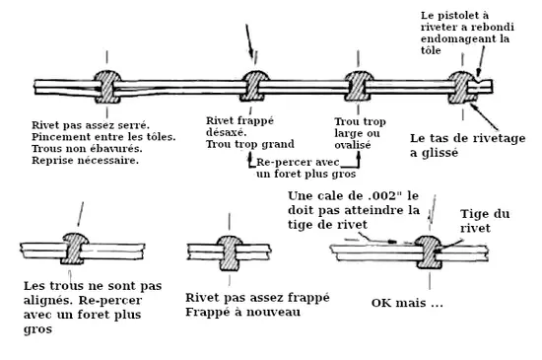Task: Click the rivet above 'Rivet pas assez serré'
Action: tap(107, 87)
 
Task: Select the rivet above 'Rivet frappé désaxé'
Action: tap(254, 86)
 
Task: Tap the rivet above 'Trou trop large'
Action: tap(358, 86)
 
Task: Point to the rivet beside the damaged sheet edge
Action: tap(462, 87)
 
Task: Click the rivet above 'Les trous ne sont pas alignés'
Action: tap(74, 249)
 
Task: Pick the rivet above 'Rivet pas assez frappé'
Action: tap(229, 252)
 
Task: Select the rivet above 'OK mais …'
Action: tap(429, 252)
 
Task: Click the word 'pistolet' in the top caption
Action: tap(454, 16)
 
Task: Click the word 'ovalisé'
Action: tap(353, 145)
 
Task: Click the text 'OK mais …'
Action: tap(407, 303)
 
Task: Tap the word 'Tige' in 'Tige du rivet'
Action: tap(472, 214)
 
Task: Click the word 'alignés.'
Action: tap(48, 301)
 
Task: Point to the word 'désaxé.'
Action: tap(227, 132)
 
